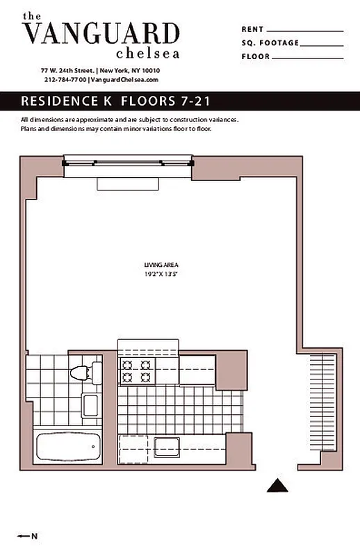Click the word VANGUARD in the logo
[x=101, y=33]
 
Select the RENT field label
[x=252, y=30]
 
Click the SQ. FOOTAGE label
[x=270, y=43]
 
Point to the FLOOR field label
[x=256, y=56]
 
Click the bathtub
[x=67, y=447]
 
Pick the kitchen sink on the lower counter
[x=168, y=445]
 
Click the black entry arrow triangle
[x=278, y=486]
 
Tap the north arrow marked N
[x=28, y=536]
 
